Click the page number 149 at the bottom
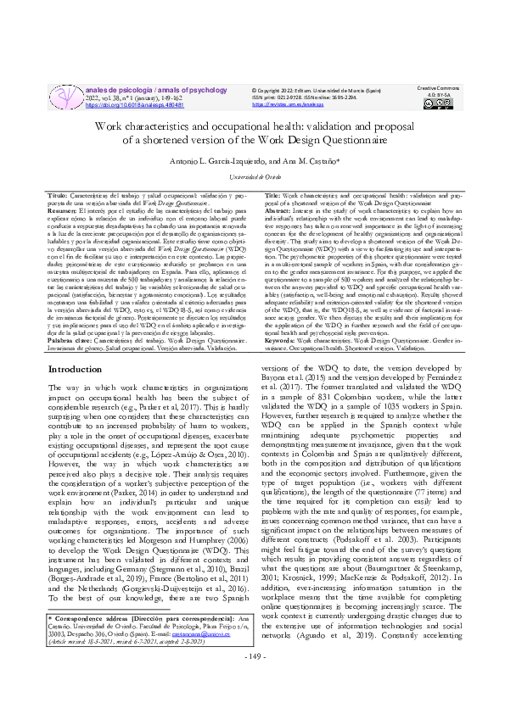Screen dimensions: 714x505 253,680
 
